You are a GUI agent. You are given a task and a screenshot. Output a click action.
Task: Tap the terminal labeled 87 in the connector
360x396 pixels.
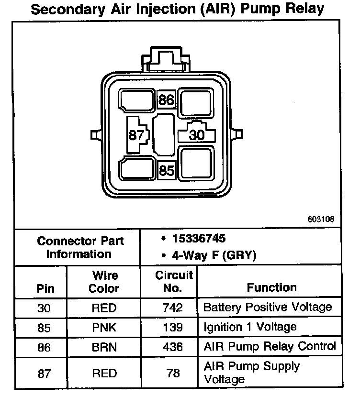(136, 135)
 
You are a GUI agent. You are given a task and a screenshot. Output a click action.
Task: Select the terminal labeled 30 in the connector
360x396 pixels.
(197, 135)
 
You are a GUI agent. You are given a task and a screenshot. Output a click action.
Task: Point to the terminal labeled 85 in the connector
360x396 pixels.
(166, 170)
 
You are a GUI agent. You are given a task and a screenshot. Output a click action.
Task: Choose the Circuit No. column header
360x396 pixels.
(174, 282)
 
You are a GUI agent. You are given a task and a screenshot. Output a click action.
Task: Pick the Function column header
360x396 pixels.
(271, 287)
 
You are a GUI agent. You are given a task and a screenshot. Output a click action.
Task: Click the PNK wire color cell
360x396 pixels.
(104, 327)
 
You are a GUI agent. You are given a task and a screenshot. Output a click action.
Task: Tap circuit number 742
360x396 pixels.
(173, 307)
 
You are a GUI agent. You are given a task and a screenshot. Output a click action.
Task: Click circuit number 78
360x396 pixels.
(173, 373)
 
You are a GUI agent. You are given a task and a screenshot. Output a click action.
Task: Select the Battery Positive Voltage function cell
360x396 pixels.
(267, 307)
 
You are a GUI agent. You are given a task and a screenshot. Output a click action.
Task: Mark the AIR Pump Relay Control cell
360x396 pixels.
(270, 346)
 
